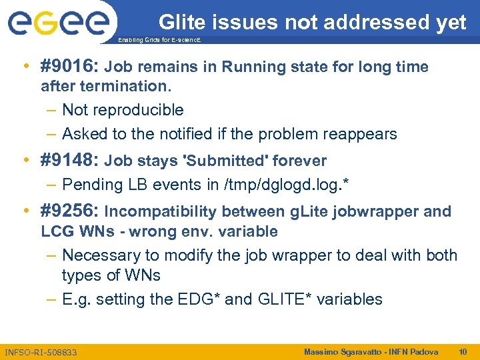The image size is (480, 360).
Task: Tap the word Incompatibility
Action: pyautogui.click(x=161, y=212)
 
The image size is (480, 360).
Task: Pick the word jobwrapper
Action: pyautogui.click(x=382, y=212)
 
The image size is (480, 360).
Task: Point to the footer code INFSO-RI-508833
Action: pyautogui.click(x=41, y=352)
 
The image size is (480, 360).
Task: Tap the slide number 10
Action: pyautogui.click(x=463, y=351)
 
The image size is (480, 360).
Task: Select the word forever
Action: pyautogui.click(x=303, y=161)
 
